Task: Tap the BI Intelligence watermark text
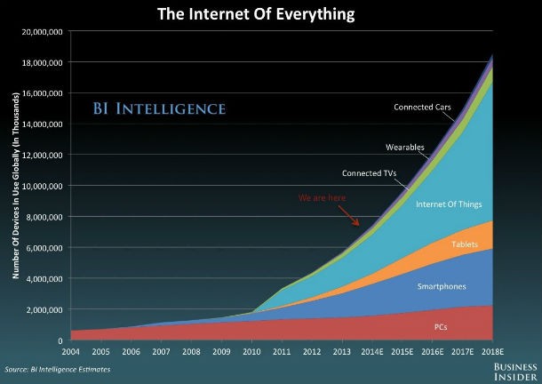pos(158,110)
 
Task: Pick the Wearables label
pos(404,147)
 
